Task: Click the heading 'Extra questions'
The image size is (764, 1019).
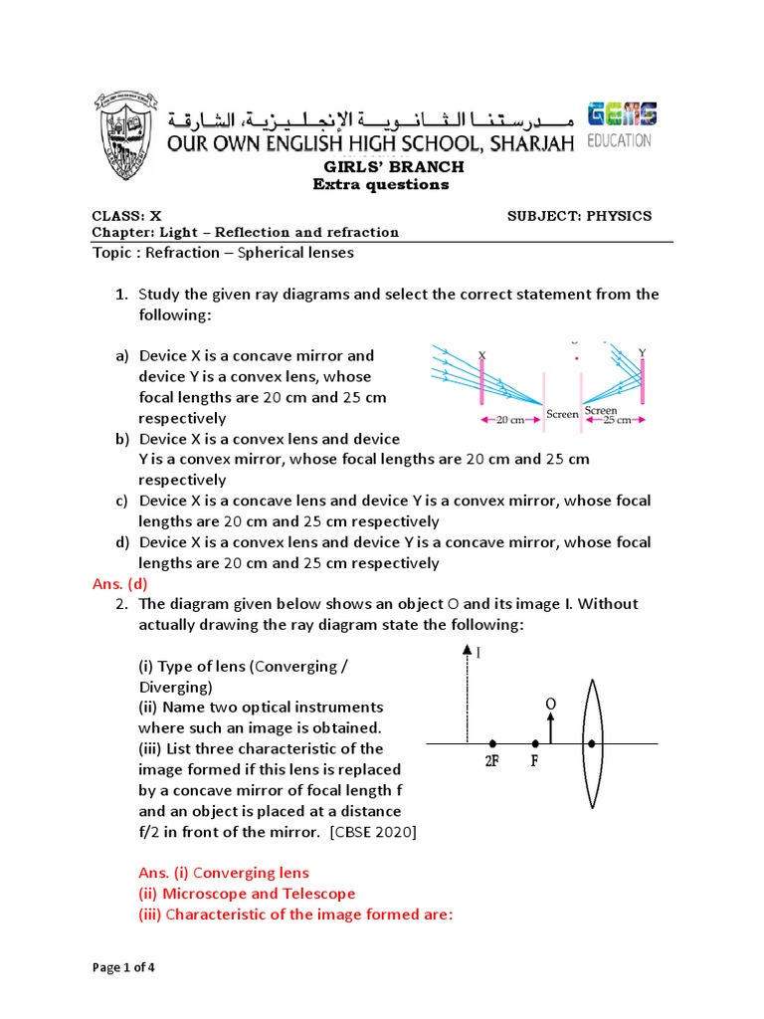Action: (x=381, y=184)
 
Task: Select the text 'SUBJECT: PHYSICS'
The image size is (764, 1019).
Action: (x=579, y=216)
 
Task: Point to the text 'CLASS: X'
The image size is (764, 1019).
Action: (x=126, y=216)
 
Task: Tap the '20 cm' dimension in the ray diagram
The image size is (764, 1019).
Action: (x=509, y=420)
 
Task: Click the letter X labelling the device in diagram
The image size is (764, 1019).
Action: (x=481, y=354)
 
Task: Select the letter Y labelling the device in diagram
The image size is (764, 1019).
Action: (x=642, y=352)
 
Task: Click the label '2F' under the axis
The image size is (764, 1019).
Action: (x=492, y=761)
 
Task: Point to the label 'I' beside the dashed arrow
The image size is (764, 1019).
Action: (x=478, y=654)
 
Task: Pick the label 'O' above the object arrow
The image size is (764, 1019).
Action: (x=549, y=704)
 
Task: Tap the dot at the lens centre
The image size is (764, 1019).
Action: (x=592, y=743)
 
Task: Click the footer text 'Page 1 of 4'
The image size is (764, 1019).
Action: (x=124, y=967)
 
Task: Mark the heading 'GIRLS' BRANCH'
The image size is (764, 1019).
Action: (x=381, y=167)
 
